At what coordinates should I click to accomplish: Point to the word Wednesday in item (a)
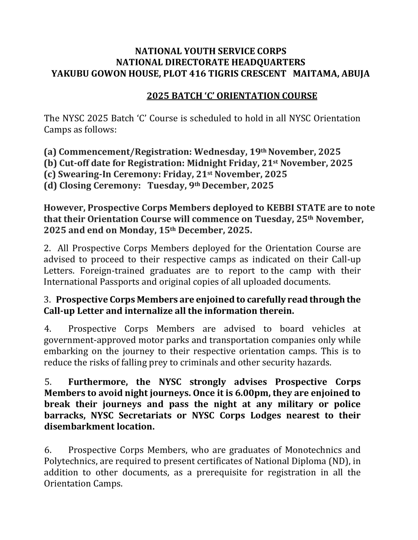tap(220, 152)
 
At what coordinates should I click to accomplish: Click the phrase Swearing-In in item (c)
tap(84, 174)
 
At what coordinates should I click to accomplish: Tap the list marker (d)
tap(50, 186)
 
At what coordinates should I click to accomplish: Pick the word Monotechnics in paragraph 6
tap(314, 450)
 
